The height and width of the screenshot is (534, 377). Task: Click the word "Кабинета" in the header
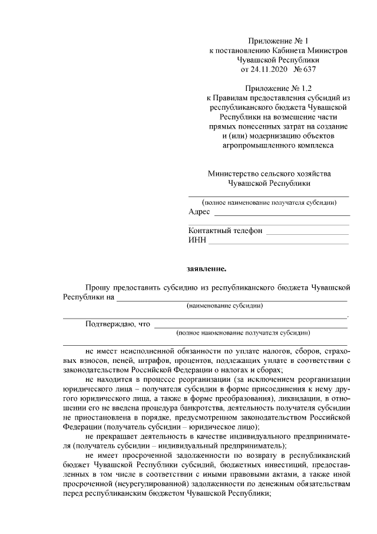click(x=289, y=51)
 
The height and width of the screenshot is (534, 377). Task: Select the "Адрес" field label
click(x=199, y=212)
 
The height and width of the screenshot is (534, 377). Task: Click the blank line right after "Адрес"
click(x=282, y=214)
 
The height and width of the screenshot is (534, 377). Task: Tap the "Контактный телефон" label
click(x=225, y=231)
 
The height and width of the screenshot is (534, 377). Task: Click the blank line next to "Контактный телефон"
click(x=307, y=233)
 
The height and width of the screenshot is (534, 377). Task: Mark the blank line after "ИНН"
click(x=279, y=243)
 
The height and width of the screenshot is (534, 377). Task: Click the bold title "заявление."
click(x=206, y=269)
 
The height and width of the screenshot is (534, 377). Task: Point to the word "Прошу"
click(x=97, y=287)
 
